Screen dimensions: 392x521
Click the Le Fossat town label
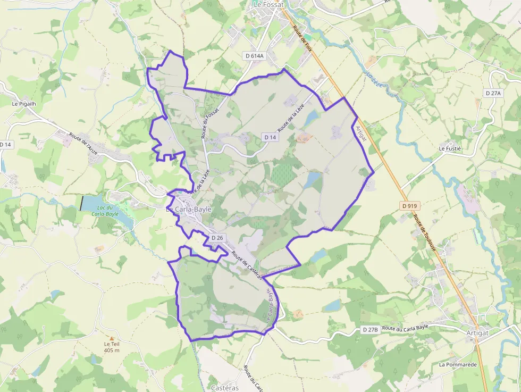(x=269, y=4)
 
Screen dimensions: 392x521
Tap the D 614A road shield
(x=254, y=55)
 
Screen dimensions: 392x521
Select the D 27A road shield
(x=493, y=93)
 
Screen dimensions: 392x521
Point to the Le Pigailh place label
(x=24, y=104)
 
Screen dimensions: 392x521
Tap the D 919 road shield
(x=410, y=205)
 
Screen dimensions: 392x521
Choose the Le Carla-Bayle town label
(x=189, y=210)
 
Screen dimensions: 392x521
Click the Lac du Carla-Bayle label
(x=105, y=211)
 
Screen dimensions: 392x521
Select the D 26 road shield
(x=217, y=237)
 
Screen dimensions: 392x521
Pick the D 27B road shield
(x=370, y=330)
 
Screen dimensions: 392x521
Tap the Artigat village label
(x=476, y=332)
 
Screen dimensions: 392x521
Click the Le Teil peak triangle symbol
(x=112, y=338)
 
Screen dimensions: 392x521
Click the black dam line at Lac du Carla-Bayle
(x=81, y=203)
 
